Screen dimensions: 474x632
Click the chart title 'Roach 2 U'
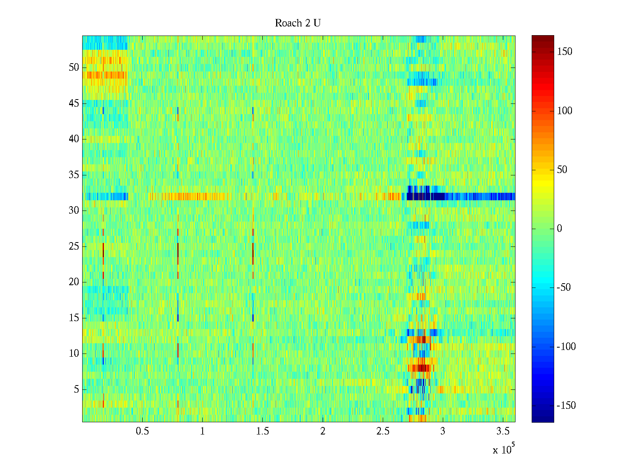coord(298,23)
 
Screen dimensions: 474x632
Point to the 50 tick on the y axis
coord(74,68)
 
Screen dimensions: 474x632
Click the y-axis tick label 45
coord(74,103)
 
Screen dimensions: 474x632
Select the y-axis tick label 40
coord(74,139)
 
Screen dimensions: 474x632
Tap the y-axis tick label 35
coord(74,175)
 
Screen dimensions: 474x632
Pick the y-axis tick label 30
coord(74,211)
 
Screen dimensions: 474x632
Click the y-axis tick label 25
coord(74,246)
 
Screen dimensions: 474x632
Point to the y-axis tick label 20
coord(74,282)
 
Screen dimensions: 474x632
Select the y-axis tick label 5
coord(76,389)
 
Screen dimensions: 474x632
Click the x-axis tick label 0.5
coord(142,431)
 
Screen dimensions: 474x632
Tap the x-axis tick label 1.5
coord(262,431)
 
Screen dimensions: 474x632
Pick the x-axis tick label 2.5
coord(383,431)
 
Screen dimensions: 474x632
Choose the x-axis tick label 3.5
coord(503,431)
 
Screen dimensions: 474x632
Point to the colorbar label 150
coord(564,52)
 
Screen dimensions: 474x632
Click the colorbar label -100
coord(566,347)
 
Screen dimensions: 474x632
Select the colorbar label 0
coord(559,229)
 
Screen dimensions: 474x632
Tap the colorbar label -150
coord(566,406)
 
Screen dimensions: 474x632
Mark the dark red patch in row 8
coord(421,368)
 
